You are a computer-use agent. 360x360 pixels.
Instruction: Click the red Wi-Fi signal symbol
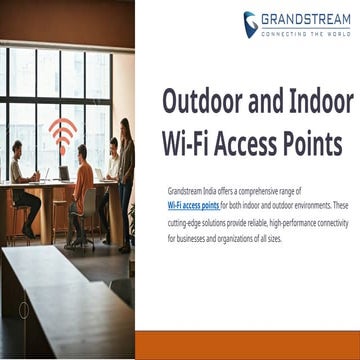click(62, 133)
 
